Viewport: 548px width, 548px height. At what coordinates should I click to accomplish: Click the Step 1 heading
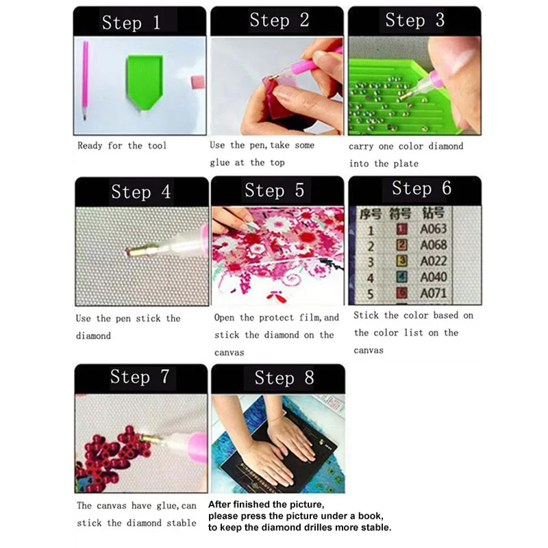pyautogui.click(x=131, y=23)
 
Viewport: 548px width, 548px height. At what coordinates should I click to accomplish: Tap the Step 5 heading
pyautogui.click(x=275, y=190)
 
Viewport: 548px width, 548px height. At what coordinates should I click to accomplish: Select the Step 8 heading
pyautogui.click(x=284, y=377)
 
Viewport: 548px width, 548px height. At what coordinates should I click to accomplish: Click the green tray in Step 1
pyautogui.click(x=145, y=82)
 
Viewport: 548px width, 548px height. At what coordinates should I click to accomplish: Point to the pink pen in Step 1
pyautogui.click(x=85, y=81)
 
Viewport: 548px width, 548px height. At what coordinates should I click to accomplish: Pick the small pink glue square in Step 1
pyautogui.click(x=198, y=82)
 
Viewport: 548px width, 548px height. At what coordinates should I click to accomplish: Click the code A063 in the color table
pyautogui.click(x=434, y=229)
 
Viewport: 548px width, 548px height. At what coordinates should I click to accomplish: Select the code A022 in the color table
pyautogui.click(x=434, y=261)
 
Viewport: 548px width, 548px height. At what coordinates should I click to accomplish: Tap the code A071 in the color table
pyautogui.click(x=434, y=293)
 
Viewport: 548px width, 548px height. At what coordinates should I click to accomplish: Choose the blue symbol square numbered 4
pyautogui.click(x=402, y=277)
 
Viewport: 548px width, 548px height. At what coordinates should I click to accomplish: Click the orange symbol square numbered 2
pyautogui.click(x=402, y=245)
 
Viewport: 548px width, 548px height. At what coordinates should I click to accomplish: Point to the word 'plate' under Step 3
pyautogui.click(x=406, y=164)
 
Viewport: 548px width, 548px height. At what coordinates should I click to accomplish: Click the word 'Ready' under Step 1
pyautogui.click(x=90, y=146)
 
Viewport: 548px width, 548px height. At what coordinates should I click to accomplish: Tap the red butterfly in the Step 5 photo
pyautogui.click(x=277, y=297)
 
